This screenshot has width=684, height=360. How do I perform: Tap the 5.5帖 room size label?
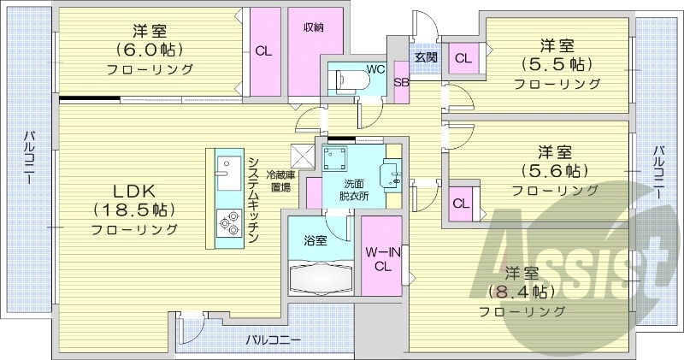[556, 64]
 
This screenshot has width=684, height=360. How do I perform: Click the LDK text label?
[134, 190]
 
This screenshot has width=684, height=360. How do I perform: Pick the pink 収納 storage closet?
[314, 51]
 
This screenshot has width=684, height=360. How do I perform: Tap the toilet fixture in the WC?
[351, 80]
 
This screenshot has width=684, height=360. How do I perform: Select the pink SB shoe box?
[400, 83]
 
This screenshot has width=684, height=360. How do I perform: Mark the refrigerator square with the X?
[302, 156]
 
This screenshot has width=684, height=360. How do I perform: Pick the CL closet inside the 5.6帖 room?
[460, 204]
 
